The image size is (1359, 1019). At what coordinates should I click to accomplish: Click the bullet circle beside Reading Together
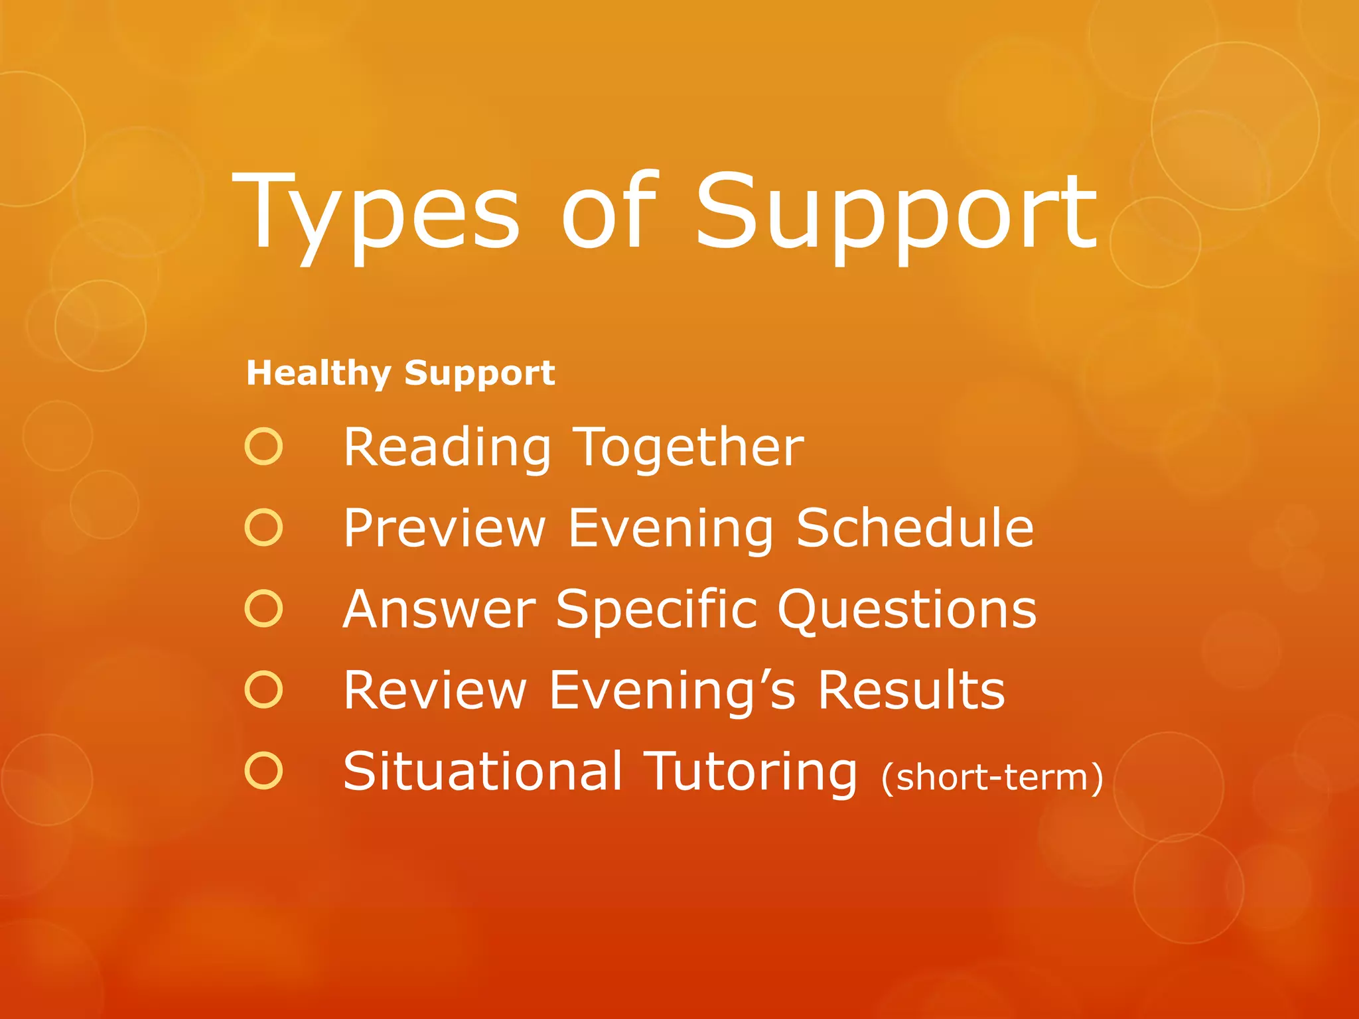(263, 446)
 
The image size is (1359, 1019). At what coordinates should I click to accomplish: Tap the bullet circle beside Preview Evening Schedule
(263, 528)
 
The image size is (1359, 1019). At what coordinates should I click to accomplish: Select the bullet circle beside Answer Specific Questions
(263, 609)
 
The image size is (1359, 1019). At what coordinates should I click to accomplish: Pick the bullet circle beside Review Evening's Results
(263, 690)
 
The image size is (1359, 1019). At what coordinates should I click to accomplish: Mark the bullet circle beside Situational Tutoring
(263, 771)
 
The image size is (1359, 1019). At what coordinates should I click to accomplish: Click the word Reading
(447, 448)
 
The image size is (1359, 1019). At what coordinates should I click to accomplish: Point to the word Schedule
(914, 528)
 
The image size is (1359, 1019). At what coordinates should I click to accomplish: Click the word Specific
(656, 609)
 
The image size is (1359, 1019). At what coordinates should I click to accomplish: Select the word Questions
(906, 610)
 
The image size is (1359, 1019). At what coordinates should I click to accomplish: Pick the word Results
(910, 690)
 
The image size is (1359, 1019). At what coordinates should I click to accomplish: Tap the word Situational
(483, 771)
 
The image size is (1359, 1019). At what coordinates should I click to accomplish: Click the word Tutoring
(751, 772)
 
